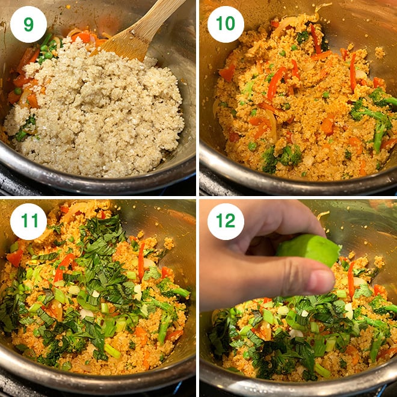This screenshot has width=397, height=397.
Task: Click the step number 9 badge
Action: tap(28, 25)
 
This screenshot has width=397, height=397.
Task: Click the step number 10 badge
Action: tap(226, 25)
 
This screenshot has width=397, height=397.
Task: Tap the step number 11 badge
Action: tap(28, 221)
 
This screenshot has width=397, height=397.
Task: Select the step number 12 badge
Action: tap(226, 221)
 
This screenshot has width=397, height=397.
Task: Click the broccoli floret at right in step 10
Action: tap(376, 120)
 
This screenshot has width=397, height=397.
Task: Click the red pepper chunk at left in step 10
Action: tap(227, 73)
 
